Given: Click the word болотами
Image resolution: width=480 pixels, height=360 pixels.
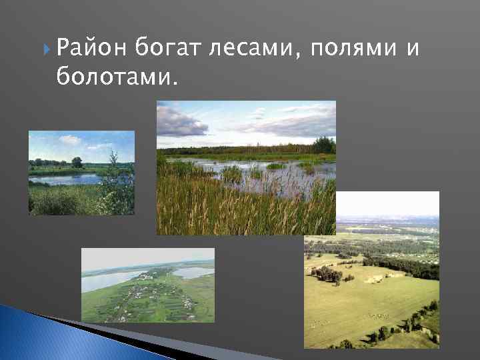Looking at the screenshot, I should coord(117,78).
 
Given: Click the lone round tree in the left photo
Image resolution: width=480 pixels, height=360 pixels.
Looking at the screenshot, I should coord(77,162).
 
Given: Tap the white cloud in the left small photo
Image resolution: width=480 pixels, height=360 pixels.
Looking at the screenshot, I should coord(69,139).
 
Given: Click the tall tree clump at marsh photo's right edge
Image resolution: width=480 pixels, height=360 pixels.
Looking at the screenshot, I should coord(325,145).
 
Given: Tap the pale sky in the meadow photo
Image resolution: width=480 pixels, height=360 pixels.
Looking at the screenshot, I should coord(387,203).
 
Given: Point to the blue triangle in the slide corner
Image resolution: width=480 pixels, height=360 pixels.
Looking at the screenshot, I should coord(27,337).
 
